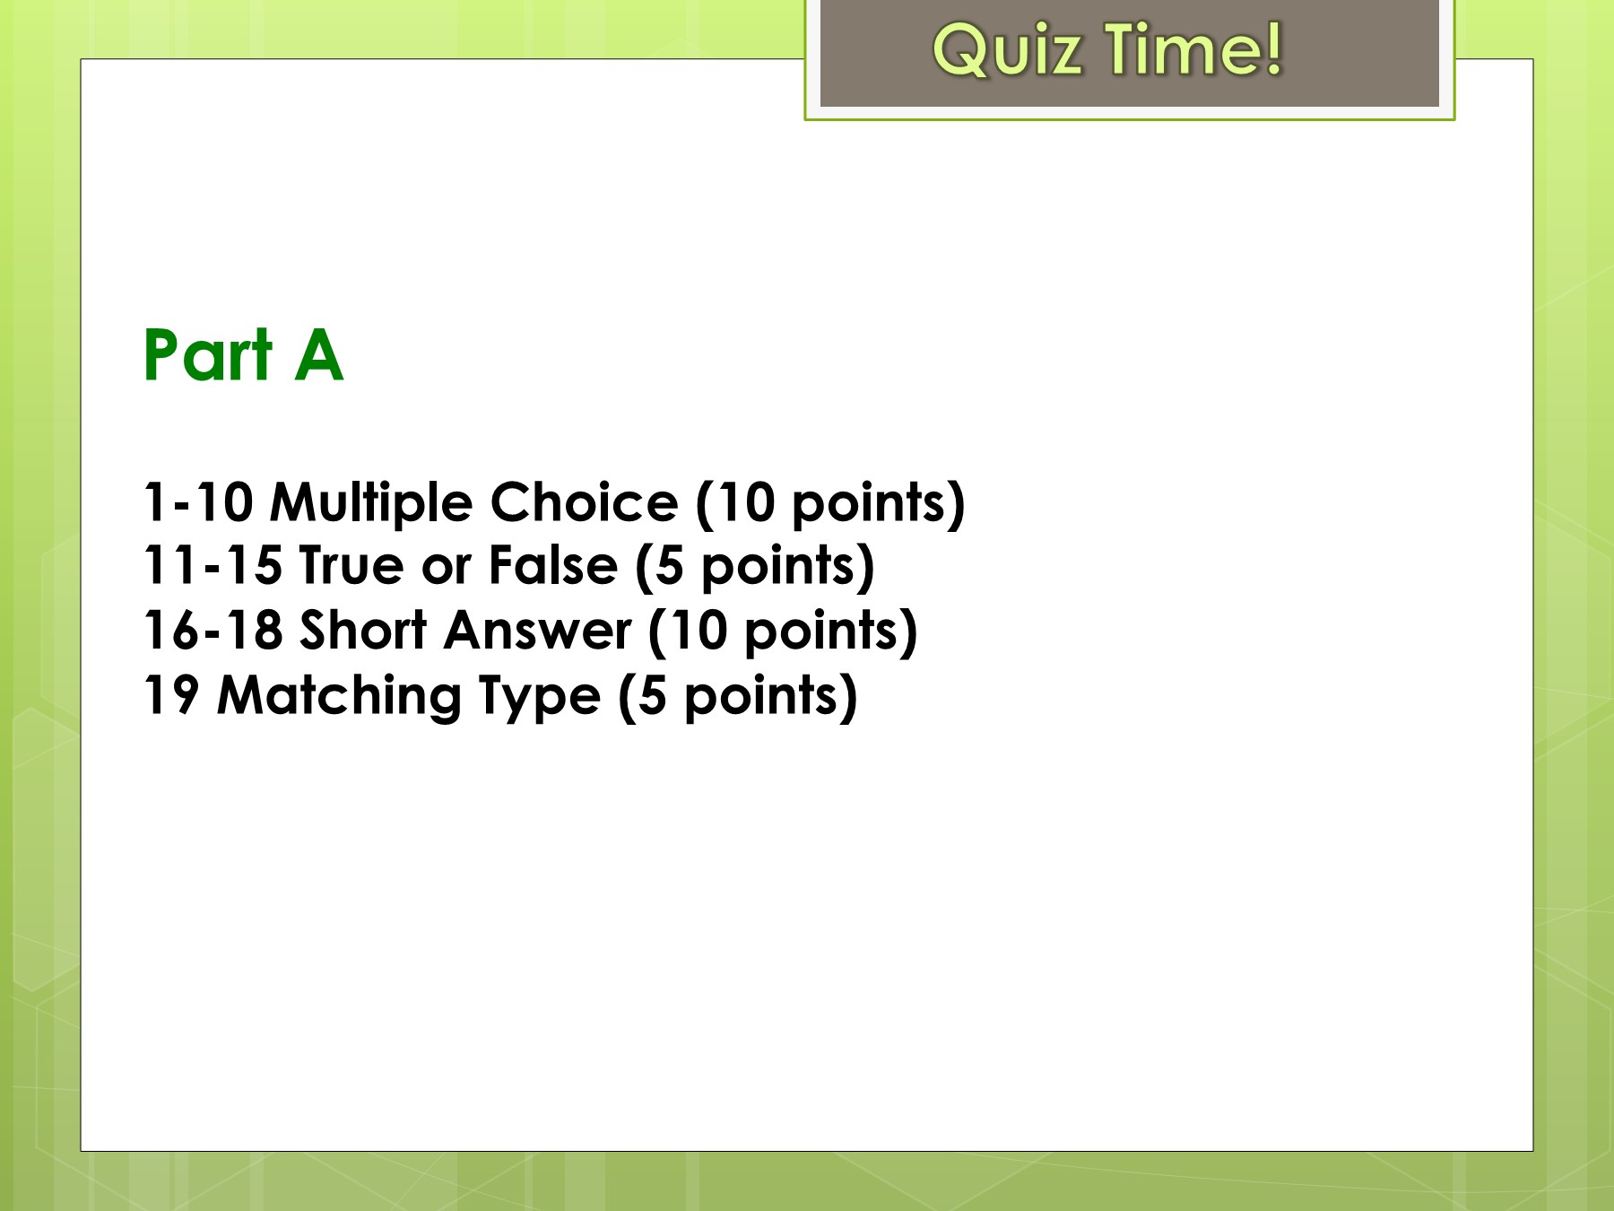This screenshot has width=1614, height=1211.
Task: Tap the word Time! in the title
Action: pos(1193,49)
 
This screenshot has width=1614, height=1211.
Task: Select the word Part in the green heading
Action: pos(208,355)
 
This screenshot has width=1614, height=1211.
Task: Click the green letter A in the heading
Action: pos(319,355)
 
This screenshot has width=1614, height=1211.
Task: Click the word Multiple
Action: pos(370,503)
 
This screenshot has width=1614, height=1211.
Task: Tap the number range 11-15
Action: pos(213,565)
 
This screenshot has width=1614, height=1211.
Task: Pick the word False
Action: pos(553,565)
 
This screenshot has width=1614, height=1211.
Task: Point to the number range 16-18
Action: pos(213,630)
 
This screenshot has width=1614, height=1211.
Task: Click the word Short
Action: pos(363,630)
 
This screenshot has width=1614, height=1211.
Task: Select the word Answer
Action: pos(538,630)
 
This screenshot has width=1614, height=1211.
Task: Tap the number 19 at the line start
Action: pos(171,695)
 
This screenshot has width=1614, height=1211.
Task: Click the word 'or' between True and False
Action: pos(446,567)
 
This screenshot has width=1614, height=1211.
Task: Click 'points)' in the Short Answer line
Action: pos(831,632)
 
